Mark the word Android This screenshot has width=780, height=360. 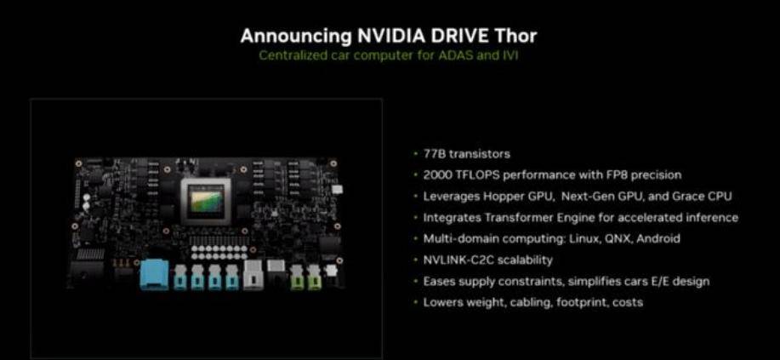[x=658, y=239]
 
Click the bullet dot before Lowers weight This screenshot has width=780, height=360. [x=415, y=303]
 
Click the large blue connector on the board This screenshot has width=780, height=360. [x=155, y=274]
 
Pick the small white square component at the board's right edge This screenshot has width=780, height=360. [x=338, y=190]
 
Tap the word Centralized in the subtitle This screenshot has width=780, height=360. [x=293, y=54]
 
